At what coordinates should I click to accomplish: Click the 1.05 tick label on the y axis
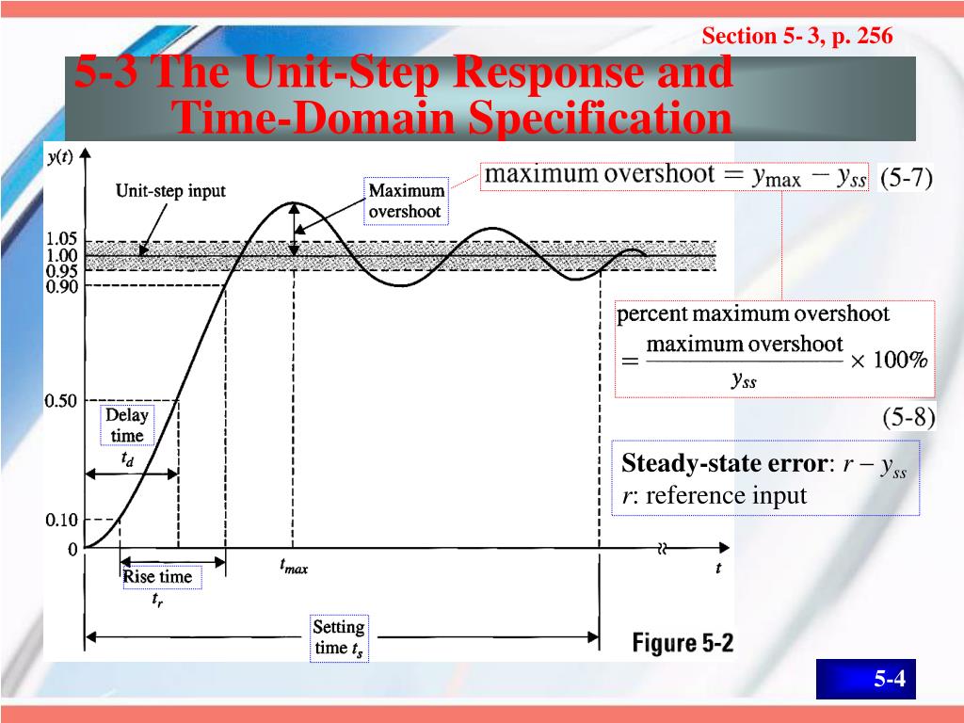(62, 239)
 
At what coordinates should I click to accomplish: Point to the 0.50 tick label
(62, 401)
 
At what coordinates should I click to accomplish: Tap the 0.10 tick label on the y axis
(62, 520)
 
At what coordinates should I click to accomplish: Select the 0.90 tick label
(62, 286)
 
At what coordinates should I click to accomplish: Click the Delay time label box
(126, 425)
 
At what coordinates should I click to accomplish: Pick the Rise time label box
(157, 577)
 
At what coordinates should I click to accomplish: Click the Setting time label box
(338, 637)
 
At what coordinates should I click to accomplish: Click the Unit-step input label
(170, 191)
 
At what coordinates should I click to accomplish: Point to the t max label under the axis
(294, 568)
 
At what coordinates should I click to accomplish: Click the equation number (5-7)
(906, 178)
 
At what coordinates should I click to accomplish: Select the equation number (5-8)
(908, 417)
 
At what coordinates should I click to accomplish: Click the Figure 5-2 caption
(682, 644)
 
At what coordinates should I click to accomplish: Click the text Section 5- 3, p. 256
(796, 37)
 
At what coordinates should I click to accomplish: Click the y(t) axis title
(58, 156)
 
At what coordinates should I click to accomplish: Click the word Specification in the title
(599, 120)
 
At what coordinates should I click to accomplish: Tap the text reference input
(725, 496)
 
